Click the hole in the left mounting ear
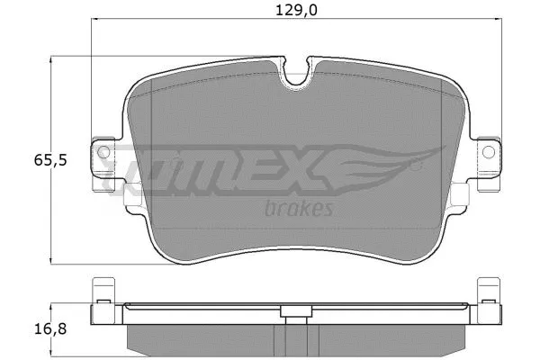click(103, 151)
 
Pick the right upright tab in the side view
click(489, 301)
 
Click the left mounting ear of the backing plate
click(103, 162)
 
